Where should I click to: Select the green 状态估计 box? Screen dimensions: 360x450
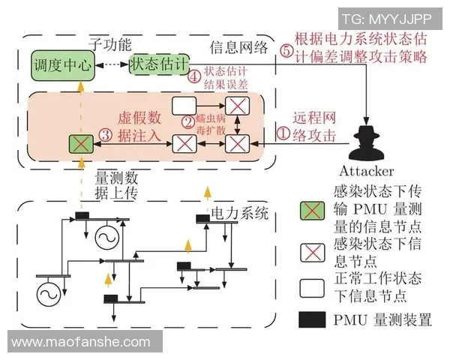157,64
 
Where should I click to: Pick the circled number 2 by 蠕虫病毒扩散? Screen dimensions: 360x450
187,120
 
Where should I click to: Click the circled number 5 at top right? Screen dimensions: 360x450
285,53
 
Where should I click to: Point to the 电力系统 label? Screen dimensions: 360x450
239,212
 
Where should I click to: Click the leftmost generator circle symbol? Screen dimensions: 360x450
50,291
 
